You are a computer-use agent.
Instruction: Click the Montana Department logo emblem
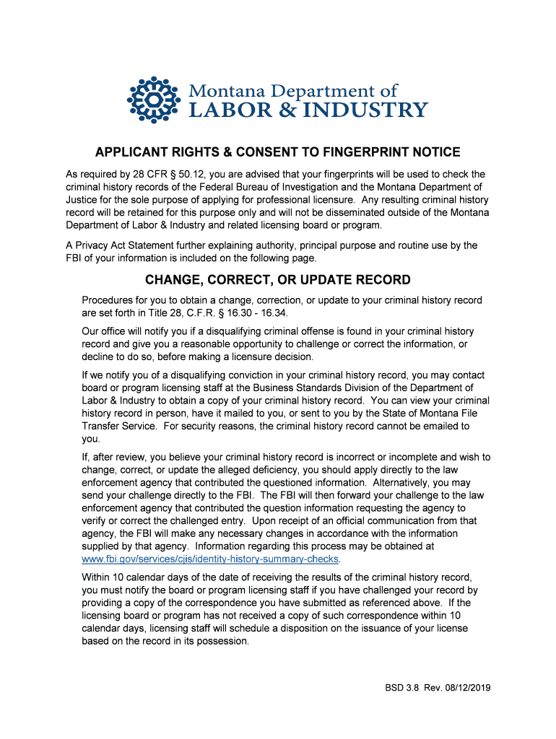coord(152,100)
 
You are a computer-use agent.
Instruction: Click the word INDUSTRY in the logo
coord(378,110)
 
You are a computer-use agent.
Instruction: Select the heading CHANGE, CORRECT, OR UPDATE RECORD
coord(278,279)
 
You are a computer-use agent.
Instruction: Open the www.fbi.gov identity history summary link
coord(210,559)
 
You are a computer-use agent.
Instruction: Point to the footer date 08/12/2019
coord(463,688)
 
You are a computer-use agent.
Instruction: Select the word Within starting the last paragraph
coord(97,577)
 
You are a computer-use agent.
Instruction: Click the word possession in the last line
coord(221,641)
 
